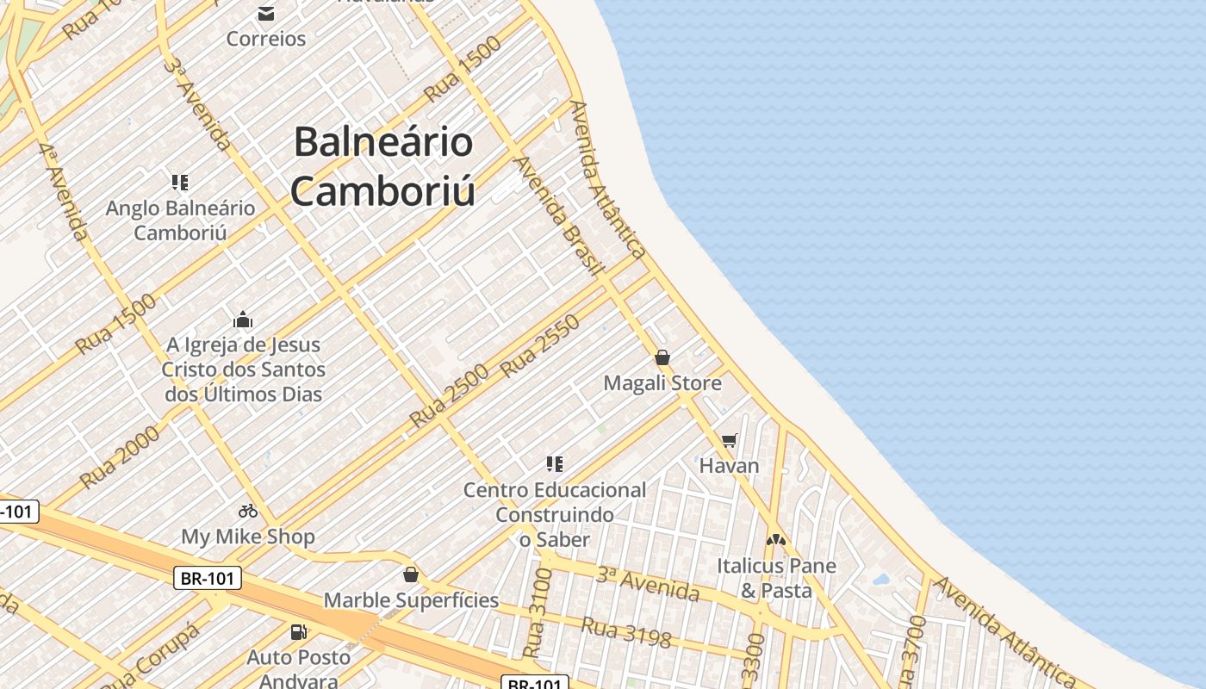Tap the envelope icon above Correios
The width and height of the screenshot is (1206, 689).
tap(265, 14)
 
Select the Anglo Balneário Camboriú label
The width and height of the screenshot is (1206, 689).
tap(180, 220)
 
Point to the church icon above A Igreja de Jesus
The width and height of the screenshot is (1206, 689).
tap(243, 320)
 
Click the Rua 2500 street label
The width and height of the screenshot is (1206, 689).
tap(449, 396)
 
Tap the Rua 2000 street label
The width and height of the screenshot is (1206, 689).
tap(120, 457)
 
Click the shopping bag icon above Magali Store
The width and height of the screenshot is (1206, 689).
tap(662, 357)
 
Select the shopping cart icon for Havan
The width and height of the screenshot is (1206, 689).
tap(729, 441)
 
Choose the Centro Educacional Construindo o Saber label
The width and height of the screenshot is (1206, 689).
tap(555, 514)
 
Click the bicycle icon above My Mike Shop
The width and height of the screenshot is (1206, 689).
tap(248, 511)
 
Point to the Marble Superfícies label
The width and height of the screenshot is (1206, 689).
tap(411, 600)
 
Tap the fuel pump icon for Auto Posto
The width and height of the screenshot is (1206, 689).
tap(299, 632)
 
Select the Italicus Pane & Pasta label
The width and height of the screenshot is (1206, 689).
tap(776, 578)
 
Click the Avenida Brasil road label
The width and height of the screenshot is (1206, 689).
tap(557, 216)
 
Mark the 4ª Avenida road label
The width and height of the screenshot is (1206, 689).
tap(64, 191)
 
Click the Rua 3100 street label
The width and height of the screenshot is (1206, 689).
tap(538, 612)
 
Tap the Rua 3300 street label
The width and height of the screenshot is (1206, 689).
tap(754, 659)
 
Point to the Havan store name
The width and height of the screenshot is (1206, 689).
tap(729, 466)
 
